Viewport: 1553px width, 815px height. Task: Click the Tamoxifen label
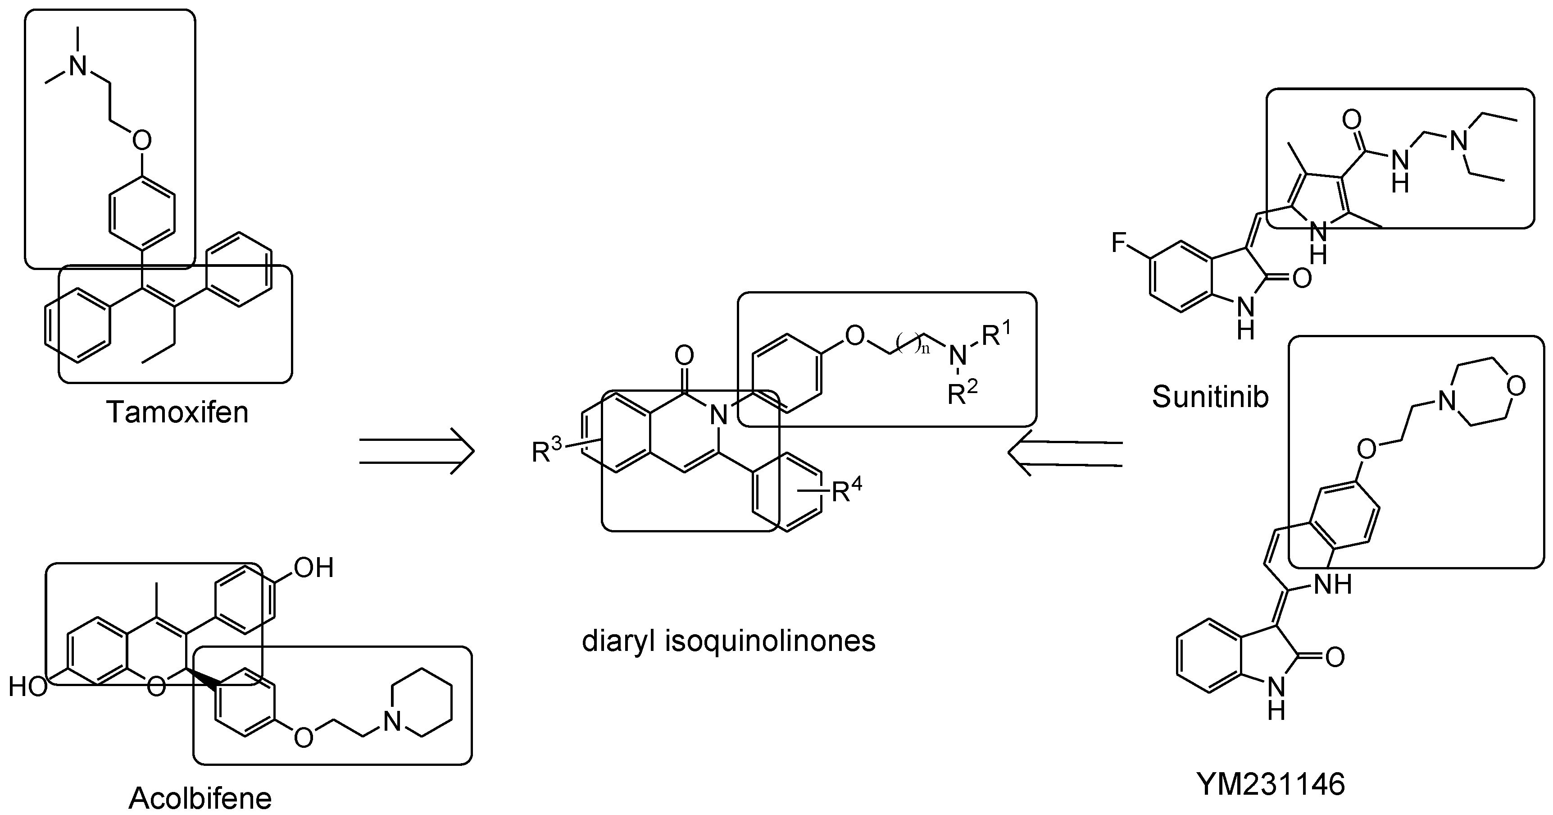(177, 412)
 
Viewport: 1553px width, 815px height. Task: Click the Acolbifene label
(200, 798)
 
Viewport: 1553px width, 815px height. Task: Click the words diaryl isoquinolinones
(728, 641)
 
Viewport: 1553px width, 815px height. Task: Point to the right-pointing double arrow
(417, 451)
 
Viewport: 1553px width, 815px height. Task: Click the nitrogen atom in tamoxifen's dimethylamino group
(78, 65)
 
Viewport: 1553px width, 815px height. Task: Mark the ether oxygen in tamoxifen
(142, 141)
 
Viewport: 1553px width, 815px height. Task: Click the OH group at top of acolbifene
(313, 568)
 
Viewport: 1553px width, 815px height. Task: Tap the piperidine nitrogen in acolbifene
(392, 721)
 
